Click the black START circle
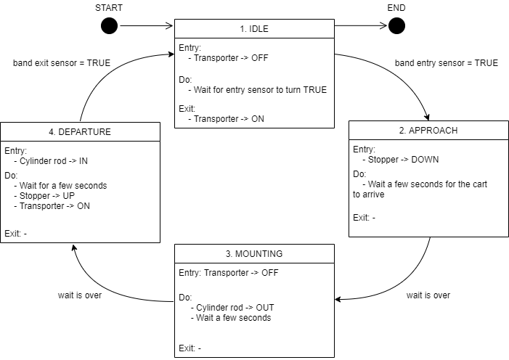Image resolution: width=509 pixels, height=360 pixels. point(109,26)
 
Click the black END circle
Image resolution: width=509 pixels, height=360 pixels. point(396,26)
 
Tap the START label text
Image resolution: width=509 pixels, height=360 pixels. point(109,7)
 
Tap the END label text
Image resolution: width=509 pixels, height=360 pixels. point(396,7)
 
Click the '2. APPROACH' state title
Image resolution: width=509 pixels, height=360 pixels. point(428,130)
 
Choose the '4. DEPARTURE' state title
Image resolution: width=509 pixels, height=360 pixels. point(80,131)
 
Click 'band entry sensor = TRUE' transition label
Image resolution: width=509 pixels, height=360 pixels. point(446,63)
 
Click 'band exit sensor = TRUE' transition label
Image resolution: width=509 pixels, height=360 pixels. point(62,63)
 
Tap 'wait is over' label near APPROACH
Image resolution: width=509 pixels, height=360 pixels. point(428,295)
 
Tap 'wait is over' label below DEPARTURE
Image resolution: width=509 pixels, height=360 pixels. point(80,295)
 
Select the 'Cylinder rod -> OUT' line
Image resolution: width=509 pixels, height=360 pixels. point(230,307)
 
